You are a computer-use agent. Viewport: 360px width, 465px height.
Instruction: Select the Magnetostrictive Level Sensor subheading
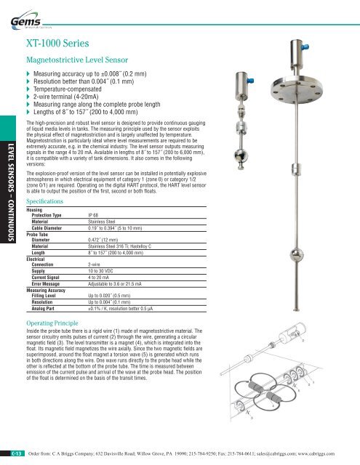(x=78, y=61)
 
